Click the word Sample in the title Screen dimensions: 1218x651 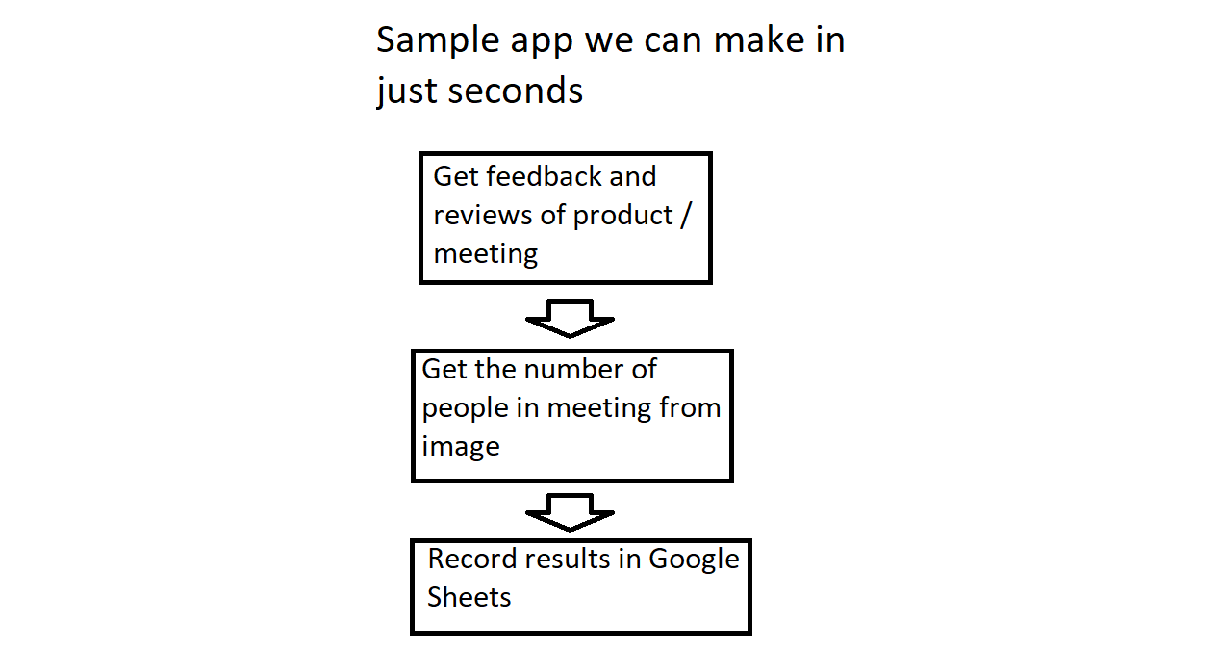(438, 41)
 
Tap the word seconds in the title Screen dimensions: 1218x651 (515, 91)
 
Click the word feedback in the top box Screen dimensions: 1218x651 (544, 176)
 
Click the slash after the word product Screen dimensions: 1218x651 (686, 216)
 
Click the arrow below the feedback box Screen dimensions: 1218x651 (570, 319)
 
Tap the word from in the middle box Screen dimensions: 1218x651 (690, 407)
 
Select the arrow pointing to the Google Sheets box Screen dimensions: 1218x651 (570, 512)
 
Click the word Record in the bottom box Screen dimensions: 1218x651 (472, 559)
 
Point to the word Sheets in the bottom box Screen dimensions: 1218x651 (469, 597)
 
